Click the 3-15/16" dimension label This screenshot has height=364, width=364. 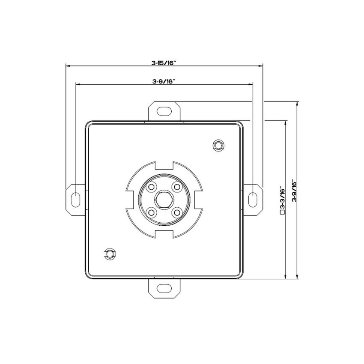(164, 63)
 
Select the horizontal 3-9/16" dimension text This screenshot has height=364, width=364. (164, 81)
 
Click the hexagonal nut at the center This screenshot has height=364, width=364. (164, 199)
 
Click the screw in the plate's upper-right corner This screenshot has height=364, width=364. (218, 145)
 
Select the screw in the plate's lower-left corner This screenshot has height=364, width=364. (110, 254)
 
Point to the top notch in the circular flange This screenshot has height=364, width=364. (164, 164)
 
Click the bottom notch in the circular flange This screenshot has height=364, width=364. (164, 234)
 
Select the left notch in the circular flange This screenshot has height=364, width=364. (130, 199)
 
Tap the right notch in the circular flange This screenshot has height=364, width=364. (198, 199)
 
